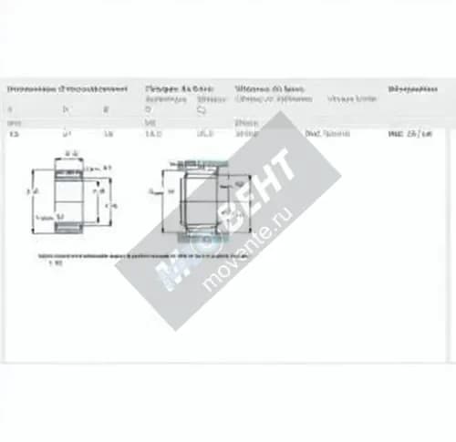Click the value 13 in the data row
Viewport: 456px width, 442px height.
pyautogui.click(x=13, y=133)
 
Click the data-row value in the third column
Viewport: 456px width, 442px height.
pyautogui.click(x=108, y=133)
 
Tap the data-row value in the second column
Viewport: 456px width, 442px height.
pyautogui.click(x=65, y=133)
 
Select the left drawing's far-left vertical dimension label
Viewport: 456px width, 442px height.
pyautogui.click(x=29, y=193)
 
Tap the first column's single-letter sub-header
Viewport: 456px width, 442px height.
pyautogui.click(x=11, y=107)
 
